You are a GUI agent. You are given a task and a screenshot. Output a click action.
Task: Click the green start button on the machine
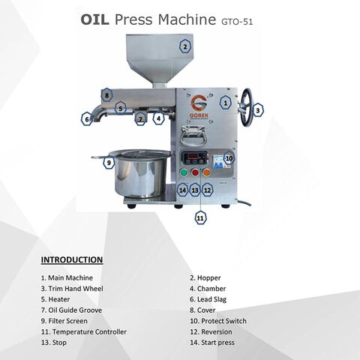coord(184,172)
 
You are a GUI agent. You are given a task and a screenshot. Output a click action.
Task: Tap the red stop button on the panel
coord(195,172)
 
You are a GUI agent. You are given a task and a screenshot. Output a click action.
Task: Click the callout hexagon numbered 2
coord(185,46)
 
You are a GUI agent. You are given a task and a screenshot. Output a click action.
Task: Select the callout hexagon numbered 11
coord(200,218)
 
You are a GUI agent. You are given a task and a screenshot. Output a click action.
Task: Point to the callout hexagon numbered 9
coord(109,163)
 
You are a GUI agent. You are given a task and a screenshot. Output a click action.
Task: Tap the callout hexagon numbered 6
coord(87,119)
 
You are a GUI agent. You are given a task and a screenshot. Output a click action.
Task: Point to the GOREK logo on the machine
coord(199,106)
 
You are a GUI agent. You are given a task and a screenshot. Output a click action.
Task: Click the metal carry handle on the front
coord(193,136)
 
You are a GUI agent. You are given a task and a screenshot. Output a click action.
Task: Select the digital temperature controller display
coord(194,157)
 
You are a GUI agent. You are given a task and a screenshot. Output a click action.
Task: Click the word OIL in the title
coord(94,19)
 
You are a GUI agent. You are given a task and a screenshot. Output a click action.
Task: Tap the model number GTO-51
coord(237,22)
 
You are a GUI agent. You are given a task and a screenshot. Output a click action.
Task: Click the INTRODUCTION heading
coord(72,259)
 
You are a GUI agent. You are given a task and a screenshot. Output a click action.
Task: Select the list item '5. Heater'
coord(55,299)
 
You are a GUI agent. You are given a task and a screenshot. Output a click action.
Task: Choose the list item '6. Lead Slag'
coord(208,299)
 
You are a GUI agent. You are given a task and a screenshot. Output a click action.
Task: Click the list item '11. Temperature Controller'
coord(84,331)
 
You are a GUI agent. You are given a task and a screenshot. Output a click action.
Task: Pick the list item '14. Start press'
coord(212,343)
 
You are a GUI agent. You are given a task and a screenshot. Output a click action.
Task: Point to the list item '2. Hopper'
coord(205,277)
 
